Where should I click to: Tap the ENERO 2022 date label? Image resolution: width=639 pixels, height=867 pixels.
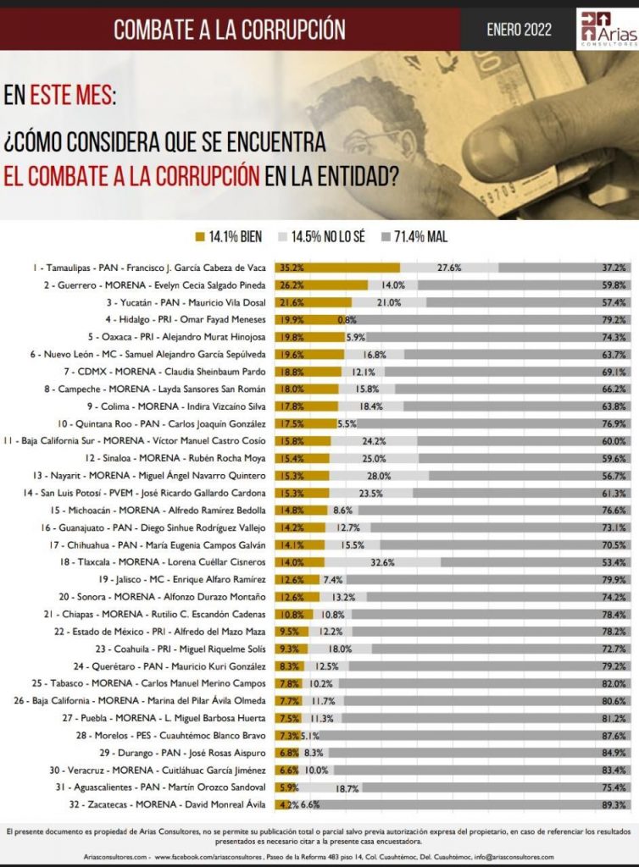click(x=519, y=30)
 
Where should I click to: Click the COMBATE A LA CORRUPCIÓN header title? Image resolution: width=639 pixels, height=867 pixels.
click(x=230, y=30)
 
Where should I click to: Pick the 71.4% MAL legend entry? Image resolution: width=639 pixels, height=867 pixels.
click(x=415, y=236)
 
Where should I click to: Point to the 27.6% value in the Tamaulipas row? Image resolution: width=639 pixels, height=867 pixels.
click(x=449, y=268)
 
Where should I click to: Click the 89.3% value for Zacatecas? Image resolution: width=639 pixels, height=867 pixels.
click(x=614, y=804)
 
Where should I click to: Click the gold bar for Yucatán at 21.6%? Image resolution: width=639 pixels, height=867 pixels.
click(x=312, y=302)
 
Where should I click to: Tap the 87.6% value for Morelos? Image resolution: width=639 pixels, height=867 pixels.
click(x=614, y=735)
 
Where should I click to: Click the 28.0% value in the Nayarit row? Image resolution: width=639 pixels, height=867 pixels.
click(x=379, y=476)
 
